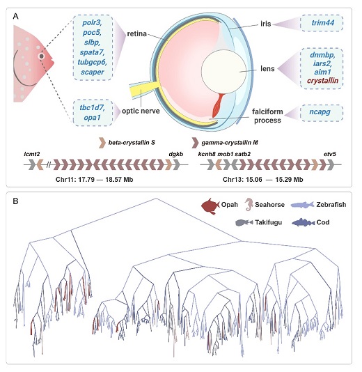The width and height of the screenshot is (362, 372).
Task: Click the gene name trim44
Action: (322, 23)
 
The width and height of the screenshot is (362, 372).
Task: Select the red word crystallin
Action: (322, 81)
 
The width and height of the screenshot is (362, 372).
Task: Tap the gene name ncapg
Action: (320, 111)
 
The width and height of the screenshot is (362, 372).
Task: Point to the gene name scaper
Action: (92, 72)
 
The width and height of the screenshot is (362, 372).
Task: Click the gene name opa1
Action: (92, 118)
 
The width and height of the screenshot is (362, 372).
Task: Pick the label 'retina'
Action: (136, 33)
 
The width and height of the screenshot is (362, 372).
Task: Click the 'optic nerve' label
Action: (141, 111)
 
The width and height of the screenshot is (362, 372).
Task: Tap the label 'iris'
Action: (265, 24)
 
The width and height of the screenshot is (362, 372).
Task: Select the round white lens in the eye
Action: (223, 71)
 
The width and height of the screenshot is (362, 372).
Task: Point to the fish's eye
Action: (42, 56)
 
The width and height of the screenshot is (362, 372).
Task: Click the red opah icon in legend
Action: (210, 206)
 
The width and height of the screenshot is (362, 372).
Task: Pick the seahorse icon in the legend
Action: (249, 205)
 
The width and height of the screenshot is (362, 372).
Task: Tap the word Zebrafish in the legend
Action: (331, 205)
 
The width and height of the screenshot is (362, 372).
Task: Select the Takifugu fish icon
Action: (244, 222)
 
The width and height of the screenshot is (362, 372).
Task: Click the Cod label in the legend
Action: (323, 222)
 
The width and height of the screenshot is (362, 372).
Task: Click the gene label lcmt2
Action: (32, 154)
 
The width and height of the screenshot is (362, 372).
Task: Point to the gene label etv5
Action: (330, 154)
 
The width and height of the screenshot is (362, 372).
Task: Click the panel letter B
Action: (15, 201)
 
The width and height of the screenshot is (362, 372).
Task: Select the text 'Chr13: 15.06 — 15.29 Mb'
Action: (263, 180)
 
